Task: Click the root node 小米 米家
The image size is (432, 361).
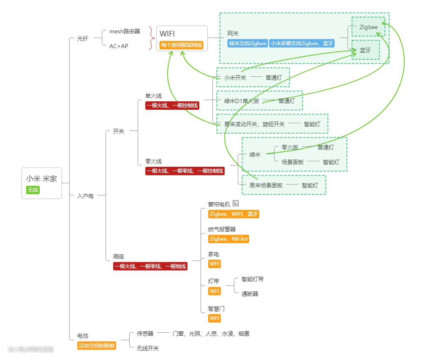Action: [41, 179]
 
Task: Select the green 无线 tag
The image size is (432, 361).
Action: [33, 190]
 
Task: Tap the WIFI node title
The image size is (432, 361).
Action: [167, 34]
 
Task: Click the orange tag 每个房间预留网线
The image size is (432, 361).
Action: [182, 45]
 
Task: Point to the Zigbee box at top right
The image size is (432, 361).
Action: [369, 27]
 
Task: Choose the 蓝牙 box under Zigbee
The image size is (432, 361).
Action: [365, 50]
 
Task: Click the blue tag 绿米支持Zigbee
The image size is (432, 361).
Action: [247, 43]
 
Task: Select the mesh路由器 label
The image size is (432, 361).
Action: [125, 31]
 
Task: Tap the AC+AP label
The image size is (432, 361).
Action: [119, 46]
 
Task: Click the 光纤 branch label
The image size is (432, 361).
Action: [83, 38]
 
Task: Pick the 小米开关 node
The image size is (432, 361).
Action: [235, 78]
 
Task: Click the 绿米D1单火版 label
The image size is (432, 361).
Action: [242, 101]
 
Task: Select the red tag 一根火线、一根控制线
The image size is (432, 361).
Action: [172, 106]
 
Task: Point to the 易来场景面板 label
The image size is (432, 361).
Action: [265, 185]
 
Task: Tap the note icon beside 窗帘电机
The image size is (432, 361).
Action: [236, 204]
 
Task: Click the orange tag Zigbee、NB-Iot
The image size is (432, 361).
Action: [228, 239]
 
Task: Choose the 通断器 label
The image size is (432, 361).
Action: [250, 294]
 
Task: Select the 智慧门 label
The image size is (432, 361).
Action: [216, 309]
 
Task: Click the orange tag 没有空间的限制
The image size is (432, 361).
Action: [97, 345]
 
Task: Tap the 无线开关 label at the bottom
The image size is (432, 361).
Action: [147, 348]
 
